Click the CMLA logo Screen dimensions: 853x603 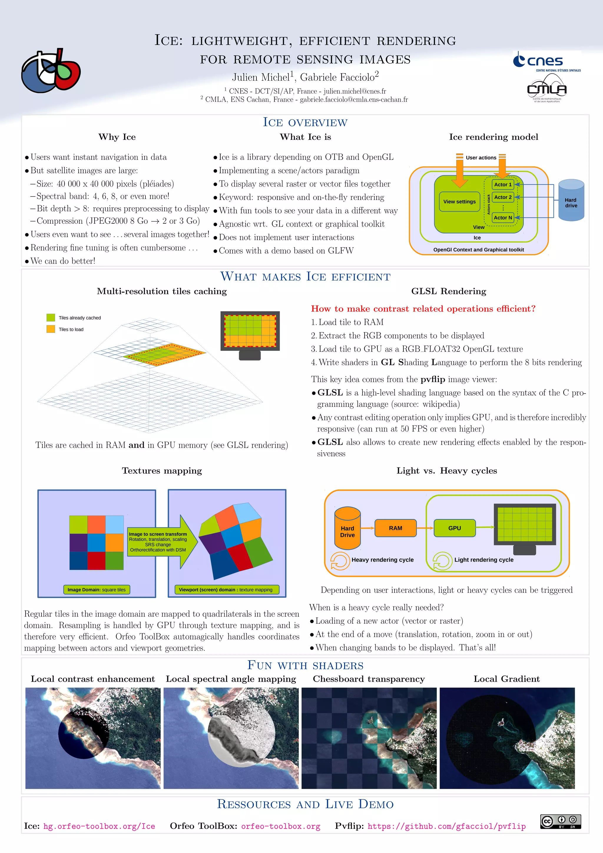(547, 88)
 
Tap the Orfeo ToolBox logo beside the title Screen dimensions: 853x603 (51, 70)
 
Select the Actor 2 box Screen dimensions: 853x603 (503, 197)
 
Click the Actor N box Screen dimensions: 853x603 (503, 218)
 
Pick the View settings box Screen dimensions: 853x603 (459, 202)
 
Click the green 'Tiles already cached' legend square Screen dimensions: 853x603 (51, 318)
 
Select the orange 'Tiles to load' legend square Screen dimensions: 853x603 (51, 329)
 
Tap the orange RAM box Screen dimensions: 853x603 (395, 528)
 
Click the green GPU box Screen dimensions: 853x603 (454, 528)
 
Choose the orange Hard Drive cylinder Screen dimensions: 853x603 (347, 528)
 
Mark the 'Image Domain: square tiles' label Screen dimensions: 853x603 (97, 590)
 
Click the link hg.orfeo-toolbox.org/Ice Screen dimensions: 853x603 (99, 826)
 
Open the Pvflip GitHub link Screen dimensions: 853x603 (447, 826)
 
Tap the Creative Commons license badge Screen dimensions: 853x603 (561, 822)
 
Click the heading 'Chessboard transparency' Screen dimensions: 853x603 (369, 679)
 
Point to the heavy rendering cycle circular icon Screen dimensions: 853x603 (339, 561)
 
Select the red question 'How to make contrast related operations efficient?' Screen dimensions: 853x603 (423, 309)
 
